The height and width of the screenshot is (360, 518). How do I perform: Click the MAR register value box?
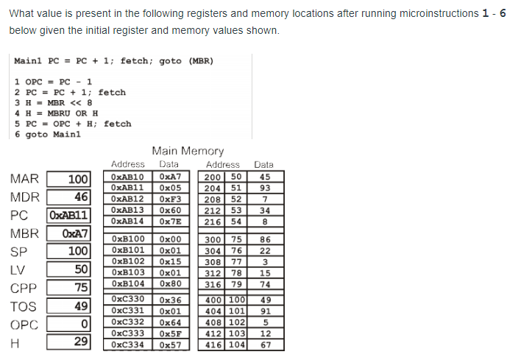(x=69, y=180)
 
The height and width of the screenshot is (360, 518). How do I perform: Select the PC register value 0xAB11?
(x=68, y=216)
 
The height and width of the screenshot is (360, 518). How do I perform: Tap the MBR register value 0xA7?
(x=69, y=234)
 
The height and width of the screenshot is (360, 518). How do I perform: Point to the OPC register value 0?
(x=69, y=325)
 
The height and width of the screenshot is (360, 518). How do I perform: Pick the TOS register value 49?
(x=69, y=306)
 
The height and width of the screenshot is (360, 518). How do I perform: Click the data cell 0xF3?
(x=169, y=199)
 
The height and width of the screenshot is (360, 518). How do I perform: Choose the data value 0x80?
(x=169, y=283)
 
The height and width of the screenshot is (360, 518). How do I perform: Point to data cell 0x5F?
(x=169, y=333)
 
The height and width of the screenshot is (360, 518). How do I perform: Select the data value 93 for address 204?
(x=265, y=188)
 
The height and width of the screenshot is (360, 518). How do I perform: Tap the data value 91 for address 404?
(x=265, y=311)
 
